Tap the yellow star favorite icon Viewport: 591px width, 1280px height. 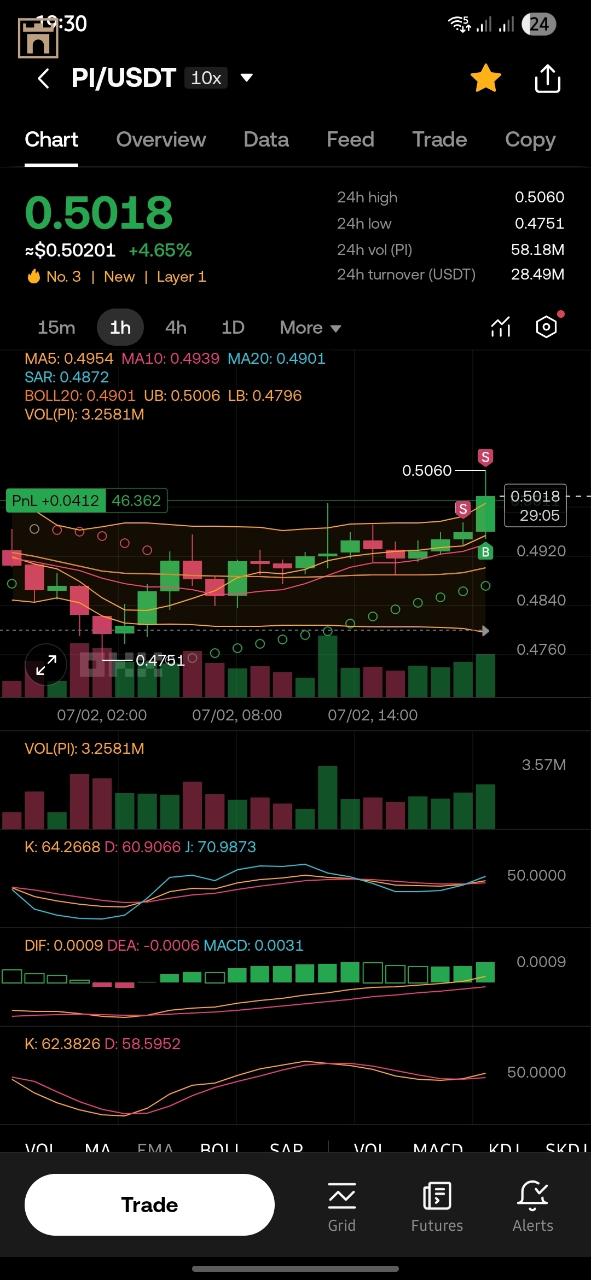coord(485,78)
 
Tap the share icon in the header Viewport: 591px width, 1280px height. coord(547,79)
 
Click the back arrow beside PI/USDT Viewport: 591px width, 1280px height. coord(44,78)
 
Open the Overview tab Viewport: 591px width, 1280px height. coord(161,139)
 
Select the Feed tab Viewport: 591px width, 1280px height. coord(350,139)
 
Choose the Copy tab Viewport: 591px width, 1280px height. coord(530,139)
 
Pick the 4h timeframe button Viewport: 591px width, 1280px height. coord(176,328)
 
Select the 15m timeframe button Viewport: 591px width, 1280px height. coord(56,328)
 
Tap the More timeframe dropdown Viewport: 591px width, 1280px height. coord(310,328)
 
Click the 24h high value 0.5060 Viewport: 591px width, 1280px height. coord(539,197)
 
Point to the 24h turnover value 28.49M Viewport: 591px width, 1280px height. coord(537,274)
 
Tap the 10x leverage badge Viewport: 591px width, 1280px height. coord(206,78)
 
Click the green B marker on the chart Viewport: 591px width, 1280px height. coord(485,552)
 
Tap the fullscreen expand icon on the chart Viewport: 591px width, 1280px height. coord(46,665)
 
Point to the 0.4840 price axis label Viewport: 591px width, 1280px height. coord(541,600)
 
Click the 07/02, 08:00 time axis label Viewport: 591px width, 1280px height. coord(237,715)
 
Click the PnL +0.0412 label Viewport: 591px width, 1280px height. coord(55,501)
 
